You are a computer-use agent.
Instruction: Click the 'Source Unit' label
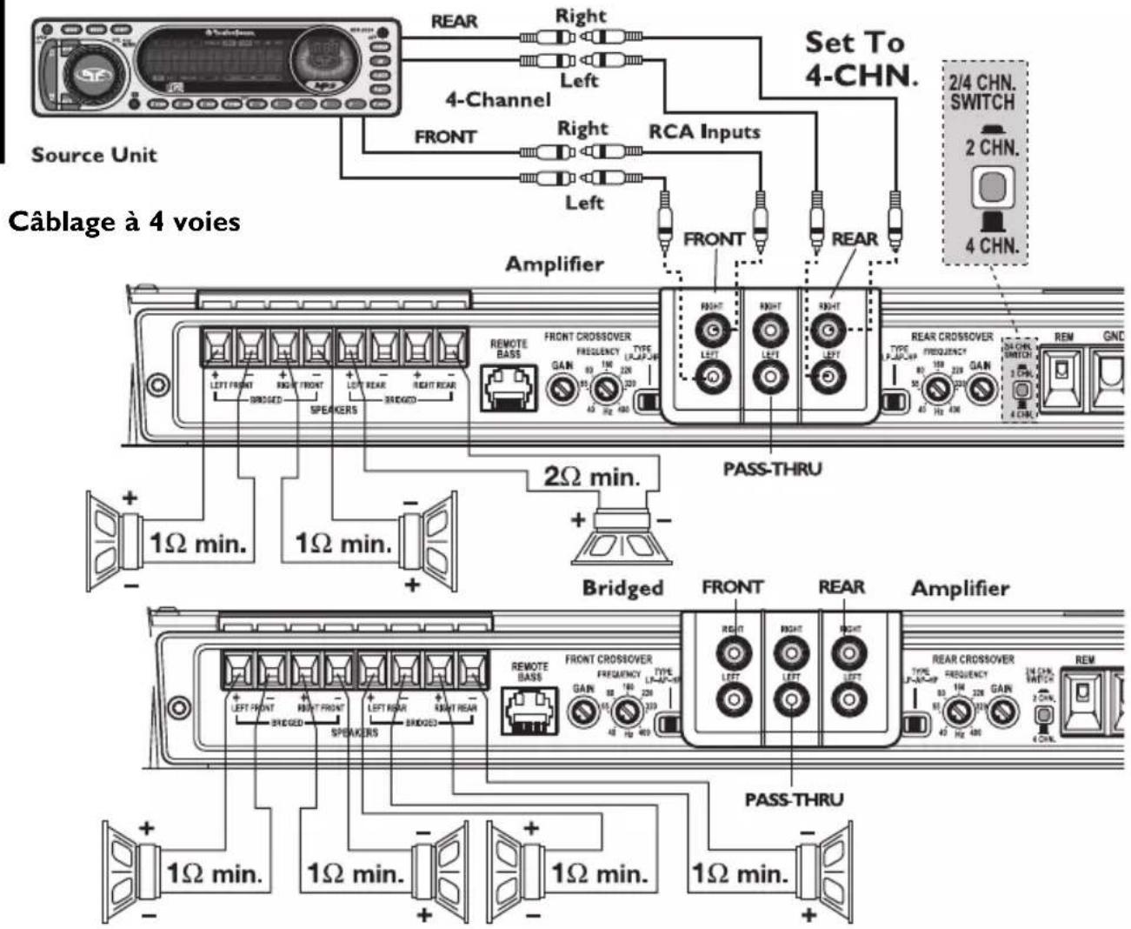pyautogui.click(x=94, y=155)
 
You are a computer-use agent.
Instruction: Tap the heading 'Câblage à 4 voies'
pyautogui.click(x=123, y=222)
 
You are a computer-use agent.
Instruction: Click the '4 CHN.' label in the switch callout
pyautogui.click(x=991, y=245)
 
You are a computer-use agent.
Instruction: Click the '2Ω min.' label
pyautogui.click(x=591, y=477)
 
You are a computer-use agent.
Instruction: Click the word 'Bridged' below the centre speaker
pyautogui.click(x=622, y=588)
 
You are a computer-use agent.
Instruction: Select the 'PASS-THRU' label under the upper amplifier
pyautogui.click(x=772, y=469)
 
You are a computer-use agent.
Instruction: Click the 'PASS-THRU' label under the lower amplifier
pyautogui.click(x=793, y=799)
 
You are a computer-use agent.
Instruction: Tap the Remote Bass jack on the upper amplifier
pyautogui.click(x=509, y=386)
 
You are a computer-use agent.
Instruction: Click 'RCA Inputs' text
pyautogui.click(x=704, y=132)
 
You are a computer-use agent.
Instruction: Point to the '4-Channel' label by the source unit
pyautogui.click(x=498, y=100)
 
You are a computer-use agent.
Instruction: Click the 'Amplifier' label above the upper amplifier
pyautogui.click(x=555, y=264)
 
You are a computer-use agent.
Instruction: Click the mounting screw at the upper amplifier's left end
pyautogui.click(x=157, y=384)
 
